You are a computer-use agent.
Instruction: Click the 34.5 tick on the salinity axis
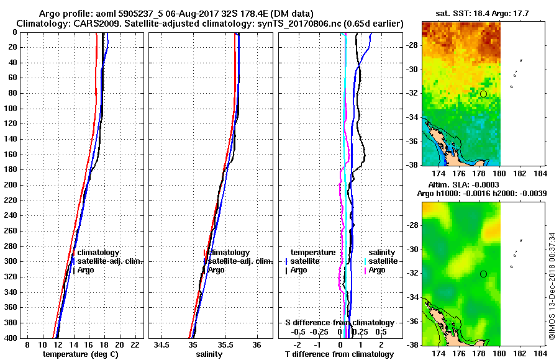click(162, 344)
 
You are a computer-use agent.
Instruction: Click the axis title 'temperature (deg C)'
click(81, 354)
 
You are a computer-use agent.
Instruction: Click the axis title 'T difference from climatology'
click(339, 354)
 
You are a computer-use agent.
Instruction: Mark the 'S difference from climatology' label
click(339, 323)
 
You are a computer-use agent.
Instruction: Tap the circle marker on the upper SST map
click(483, 94)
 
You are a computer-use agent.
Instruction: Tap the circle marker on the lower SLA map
click(483, 274)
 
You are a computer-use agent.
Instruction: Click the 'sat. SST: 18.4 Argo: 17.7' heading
click(483, 12)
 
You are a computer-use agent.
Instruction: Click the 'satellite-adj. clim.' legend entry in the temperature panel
click(110, 261)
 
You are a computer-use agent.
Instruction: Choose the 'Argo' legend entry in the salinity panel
click(216, 270)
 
